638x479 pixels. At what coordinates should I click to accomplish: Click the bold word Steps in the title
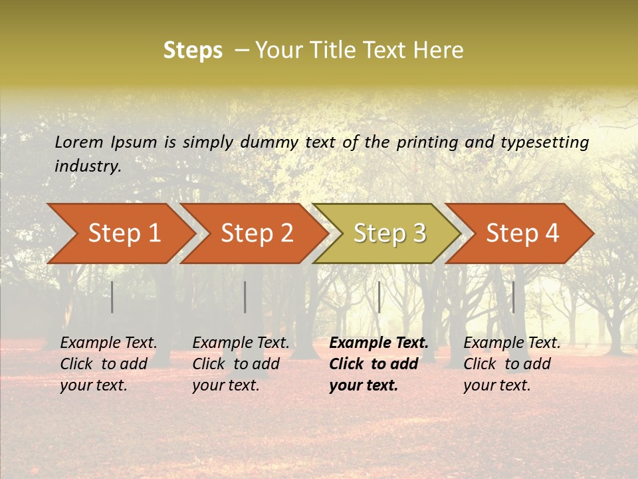pyautogui.click(x=193, y=51)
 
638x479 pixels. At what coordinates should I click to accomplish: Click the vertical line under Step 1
pyautogui.click(x=112, y=297)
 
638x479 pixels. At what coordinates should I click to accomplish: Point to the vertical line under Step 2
pyautogui.click(x=245, y=297)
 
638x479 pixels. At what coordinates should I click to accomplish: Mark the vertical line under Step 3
pyautogui.click(x=379, y=297)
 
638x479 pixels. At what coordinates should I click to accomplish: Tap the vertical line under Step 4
pyautogui.click(x=513, y=297)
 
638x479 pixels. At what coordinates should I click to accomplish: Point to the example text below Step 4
pyautogui.click(x=512, y=364)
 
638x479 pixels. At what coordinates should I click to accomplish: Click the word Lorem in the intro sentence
pyautogui.click(x=79, y=142)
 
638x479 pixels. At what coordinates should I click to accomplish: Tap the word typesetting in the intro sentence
pyautogui.click(x=544, y=142)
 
